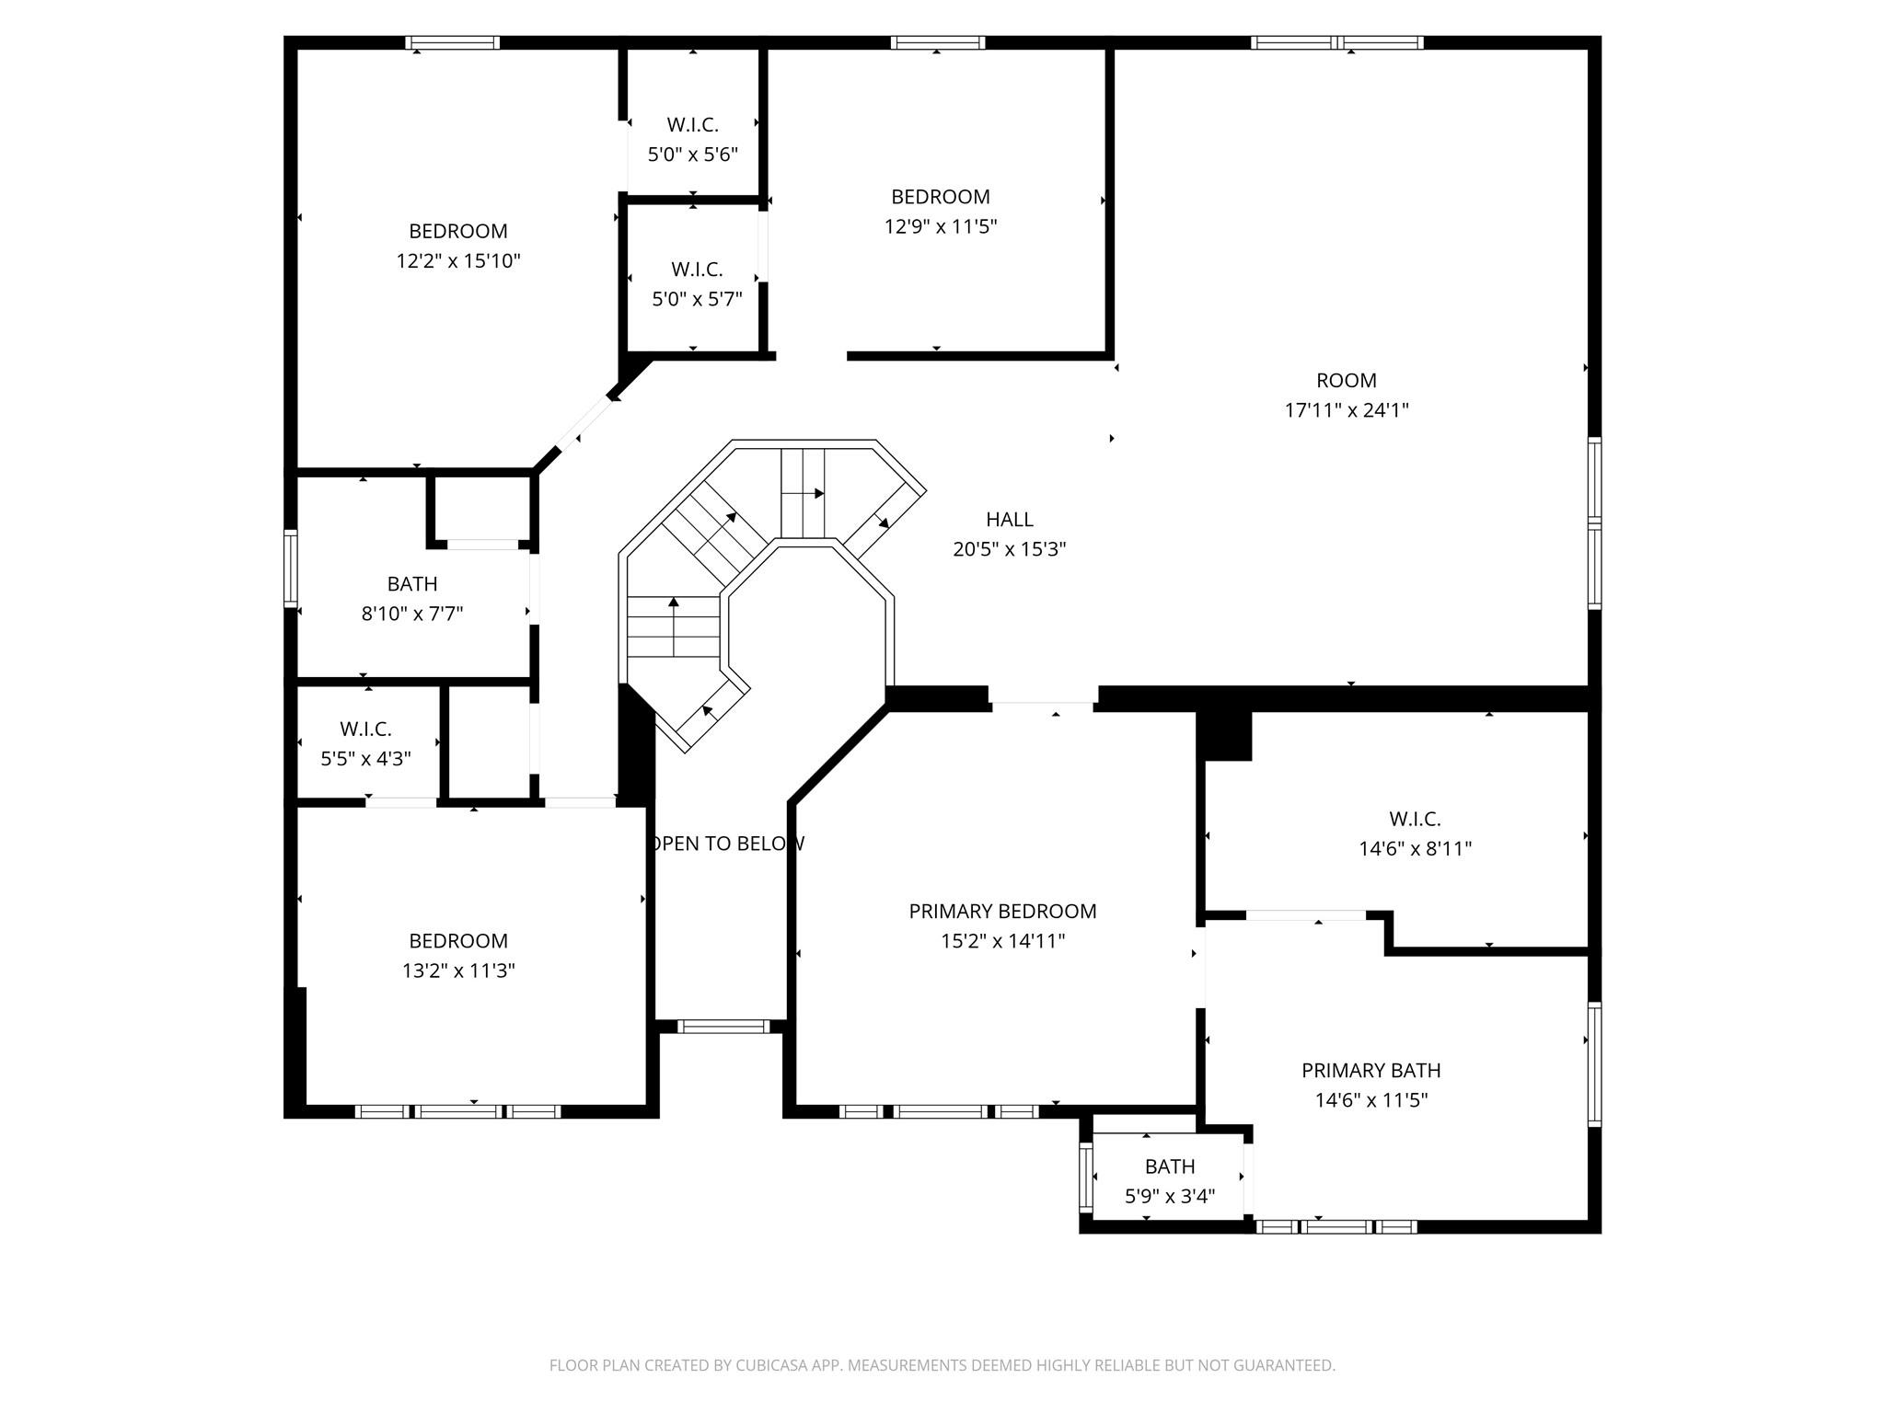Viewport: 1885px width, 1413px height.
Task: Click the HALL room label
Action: (1010, 520)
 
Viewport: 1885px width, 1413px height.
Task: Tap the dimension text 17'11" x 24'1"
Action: (1347, 410)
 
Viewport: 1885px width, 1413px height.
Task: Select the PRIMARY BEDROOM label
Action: (1002, 912)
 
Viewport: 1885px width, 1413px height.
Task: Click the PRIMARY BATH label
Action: (1370, 1071)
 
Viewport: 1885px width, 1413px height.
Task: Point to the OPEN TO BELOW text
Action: (727, 844)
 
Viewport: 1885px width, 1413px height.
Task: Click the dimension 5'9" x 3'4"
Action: (1170, 1196)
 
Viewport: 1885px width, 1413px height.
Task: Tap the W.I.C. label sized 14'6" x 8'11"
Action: (1415, 819)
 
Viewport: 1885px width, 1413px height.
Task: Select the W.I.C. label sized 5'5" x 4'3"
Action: (365, 729)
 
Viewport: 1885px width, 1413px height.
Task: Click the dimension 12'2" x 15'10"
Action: (458, 261)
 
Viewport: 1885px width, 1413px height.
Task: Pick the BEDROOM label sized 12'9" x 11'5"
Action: (941, 197)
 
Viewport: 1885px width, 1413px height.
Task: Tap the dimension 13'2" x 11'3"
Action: (458, 971)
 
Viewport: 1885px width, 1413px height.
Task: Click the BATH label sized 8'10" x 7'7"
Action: (411, 584)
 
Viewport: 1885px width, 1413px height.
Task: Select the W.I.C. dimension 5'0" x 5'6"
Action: (693, 155)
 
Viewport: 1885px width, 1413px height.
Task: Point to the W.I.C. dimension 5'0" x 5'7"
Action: (697, 300)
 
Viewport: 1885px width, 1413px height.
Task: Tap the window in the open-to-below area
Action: (723, 1027)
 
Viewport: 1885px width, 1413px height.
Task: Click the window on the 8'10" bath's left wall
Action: (291, 569)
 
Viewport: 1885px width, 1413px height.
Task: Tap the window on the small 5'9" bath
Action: (1086, 1177)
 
